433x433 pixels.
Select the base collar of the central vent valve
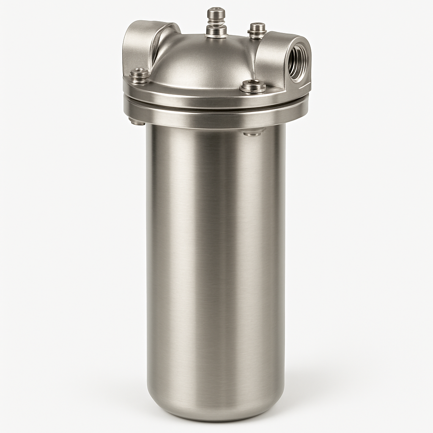point(216,31)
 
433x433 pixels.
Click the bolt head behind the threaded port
point(257,27)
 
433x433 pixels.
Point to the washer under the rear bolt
point(257,34)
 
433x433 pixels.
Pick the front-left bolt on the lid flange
point(139,75)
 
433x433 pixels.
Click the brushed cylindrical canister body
point(216,254)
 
